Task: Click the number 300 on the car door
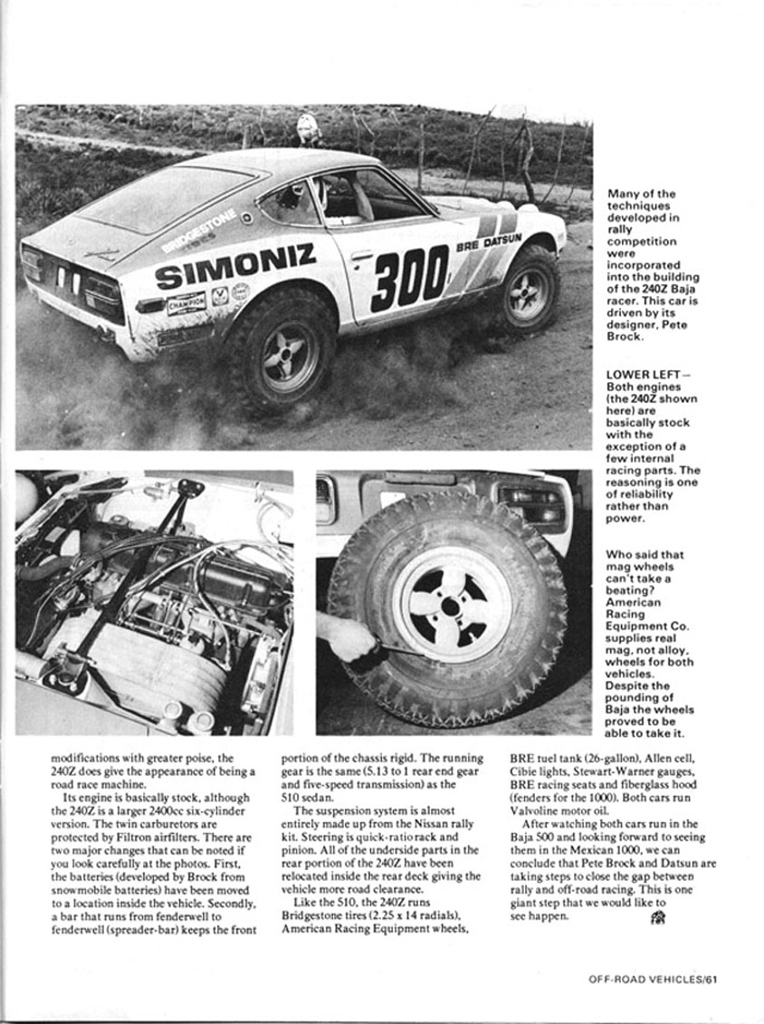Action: tap(409, 278)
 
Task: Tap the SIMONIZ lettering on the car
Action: tap(234, 264)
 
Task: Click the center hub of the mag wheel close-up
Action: tap(450, 605)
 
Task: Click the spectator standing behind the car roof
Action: tap(309, 129)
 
